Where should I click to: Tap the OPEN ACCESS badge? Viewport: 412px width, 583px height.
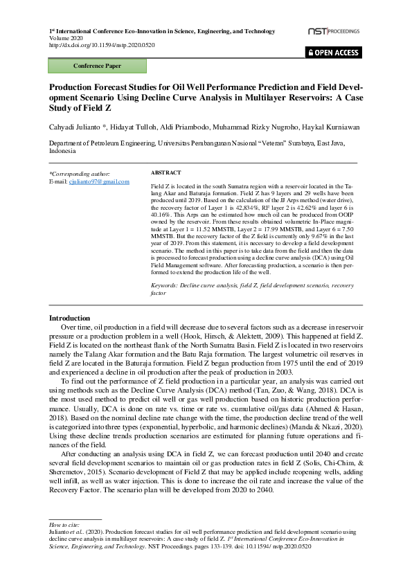tap(333, 53)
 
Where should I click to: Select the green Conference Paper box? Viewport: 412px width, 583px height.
tap(97, 66)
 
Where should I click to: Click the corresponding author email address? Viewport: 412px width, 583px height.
tap(98, 181)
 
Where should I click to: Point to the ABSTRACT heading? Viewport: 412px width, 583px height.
tap(165, 172)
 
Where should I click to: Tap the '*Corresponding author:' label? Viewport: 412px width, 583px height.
tap(79, 174)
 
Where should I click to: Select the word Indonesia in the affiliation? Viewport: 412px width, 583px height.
tap(62, 150)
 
